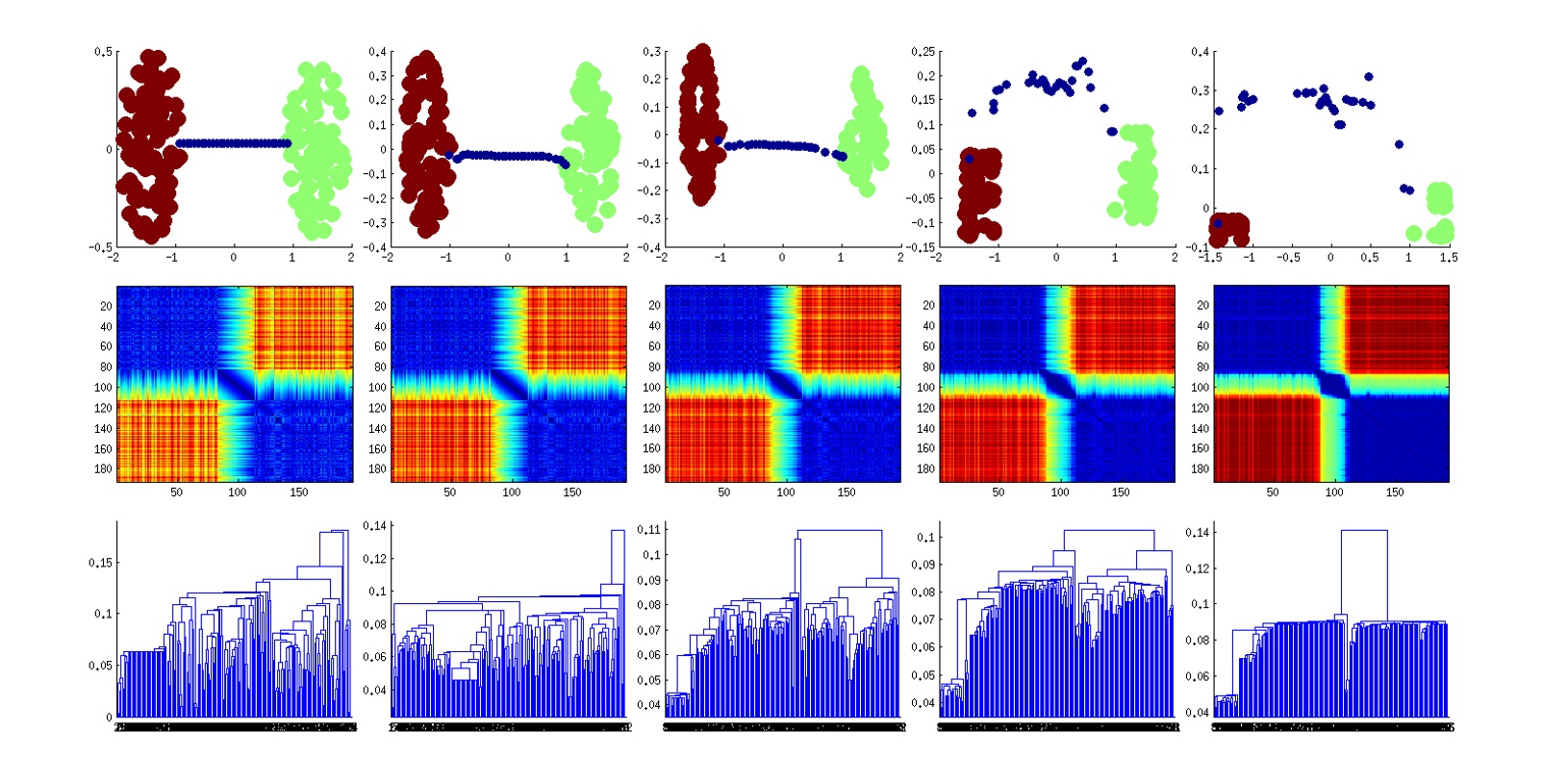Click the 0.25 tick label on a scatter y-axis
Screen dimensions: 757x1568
point(923,51)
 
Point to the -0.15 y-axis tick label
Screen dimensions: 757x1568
point(921,247)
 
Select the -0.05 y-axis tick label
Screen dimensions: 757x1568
point(921,198)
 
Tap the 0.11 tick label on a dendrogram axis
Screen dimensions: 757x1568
point(649,529)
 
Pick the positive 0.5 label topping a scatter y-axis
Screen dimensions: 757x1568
point(102,51)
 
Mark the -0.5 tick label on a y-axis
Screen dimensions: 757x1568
point(100,247)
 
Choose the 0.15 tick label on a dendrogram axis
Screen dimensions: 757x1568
point(100,563)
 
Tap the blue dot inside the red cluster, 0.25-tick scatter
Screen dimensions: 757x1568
point(970,159)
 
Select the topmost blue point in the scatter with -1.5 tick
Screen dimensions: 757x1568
point(1369,77)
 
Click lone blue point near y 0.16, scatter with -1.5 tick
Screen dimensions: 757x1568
point(1400,144)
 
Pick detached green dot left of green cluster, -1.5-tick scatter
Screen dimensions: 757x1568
point(1412,233)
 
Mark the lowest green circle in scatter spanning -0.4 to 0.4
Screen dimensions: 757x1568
point(594,225)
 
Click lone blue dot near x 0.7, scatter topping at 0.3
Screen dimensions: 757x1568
point(824,152)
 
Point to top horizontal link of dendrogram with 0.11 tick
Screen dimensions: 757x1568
point(837,530)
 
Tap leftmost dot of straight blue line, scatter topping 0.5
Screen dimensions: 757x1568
point(180,143)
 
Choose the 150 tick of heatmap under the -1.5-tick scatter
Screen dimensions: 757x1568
point(1395,492)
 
